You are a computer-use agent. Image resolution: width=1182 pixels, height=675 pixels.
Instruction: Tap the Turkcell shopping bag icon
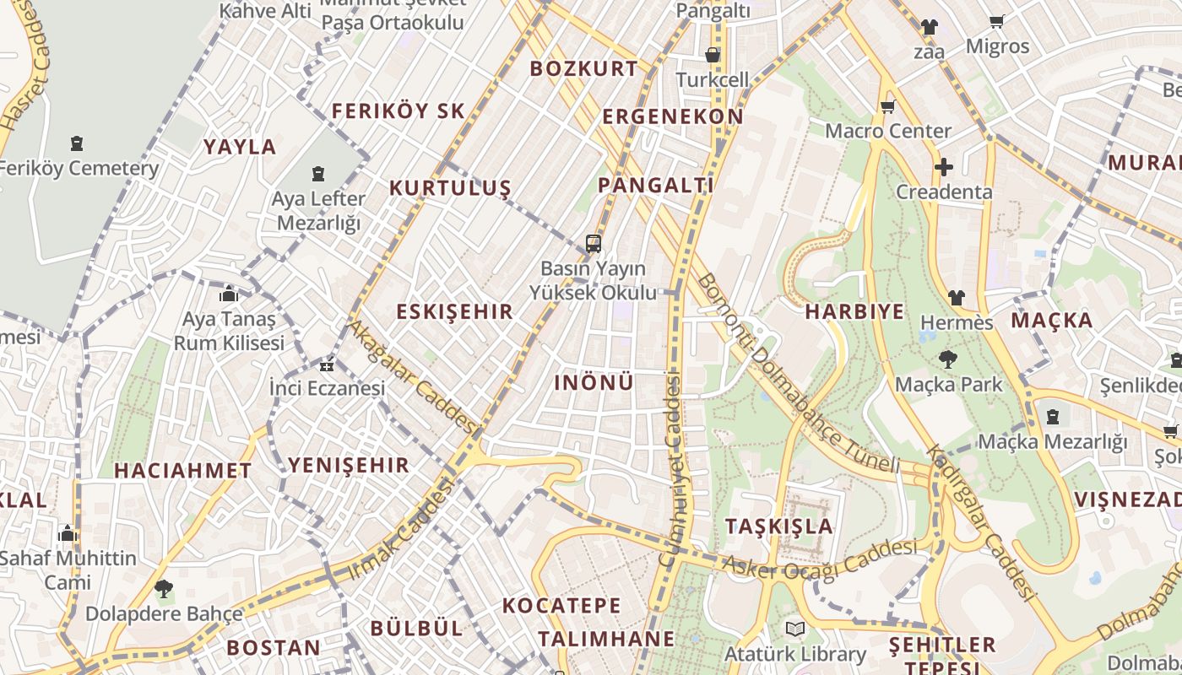click(713, 56)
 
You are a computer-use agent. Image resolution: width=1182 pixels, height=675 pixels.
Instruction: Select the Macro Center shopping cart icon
click(887, 107)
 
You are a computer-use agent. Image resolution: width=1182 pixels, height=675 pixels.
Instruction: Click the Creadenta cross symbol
click(944, 167)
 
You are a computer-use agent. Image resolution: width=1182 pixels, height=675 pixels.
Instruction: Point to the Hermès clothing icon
click(957, 297)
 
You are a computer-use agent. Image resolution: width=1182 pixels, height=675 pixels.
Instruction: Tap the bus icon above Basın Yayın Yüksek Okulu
click(594, 244)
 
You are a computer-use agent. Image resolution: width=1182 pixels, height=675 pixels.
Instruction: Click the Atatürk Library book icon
click(794, 629)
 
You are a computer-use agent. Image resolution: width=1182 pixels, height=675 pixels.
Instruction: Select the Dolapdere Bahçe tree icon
click(164, 589)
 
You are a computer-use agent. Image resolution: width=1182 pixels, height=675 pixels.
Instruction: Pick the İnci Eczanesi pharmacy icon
click(327, 365)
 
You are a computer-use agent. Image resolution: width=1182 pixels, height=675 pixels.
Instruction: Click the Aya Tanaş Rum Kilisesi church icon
click(229, 294)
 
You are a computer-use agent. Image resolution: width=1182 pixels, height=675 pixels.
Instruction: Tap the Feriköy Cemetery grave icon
click(78, 143)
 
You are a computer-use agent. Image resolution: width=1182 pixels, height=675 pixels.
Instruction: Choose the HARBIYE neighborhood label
click(854, 311)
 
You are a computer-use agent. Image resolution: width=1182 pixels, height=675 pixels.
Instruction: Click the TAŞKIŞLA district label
click(779, 526)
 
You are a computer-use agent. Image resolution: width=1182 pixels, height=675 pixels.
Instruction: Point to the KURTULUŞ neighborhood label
click(450, 188)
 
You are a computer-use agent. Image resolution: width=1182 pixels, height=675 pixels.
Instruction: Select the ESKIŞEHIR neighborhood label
click(454, 311)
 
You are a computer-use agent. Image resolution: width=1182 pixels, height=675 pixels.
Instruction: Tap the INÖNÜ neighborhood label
click(594, 382)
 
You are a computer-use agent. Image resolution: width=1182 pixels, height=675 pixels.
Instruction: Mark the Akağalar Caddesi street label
click(414, 376)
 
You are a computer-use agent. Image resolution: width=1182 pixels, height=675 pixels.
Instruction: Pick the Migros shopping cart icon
click(997, 22)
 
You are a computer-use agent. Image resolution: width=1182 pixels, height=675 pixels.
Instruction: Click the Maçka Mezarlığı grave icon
click(1053, 416)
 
